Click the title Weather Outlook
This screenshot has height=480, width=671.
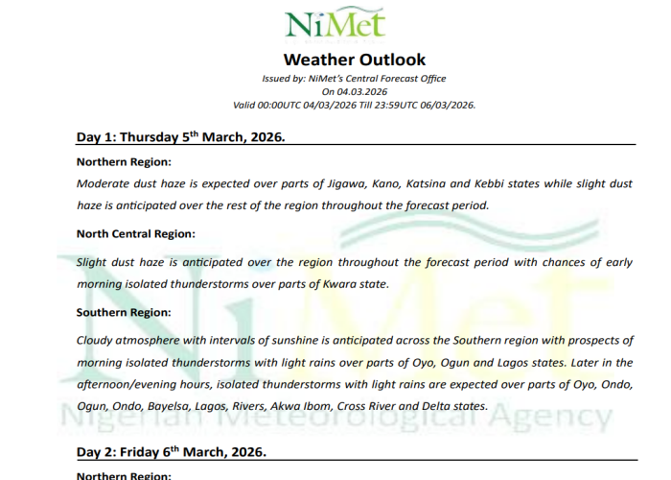(341, 60)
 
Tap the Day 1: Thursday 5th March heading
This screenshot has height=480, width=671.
(181, 136)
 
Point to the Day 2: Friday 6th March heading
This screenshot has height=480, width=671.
(171, 451)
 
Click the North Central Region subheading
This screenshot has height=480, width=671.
(135, 233)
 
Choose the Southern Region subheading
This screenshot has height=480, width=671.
(124, 312)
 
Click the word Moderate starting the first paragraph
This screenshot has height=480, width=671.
(103, 181)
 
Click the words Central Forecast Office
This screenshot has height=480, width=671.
(394, 79)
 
